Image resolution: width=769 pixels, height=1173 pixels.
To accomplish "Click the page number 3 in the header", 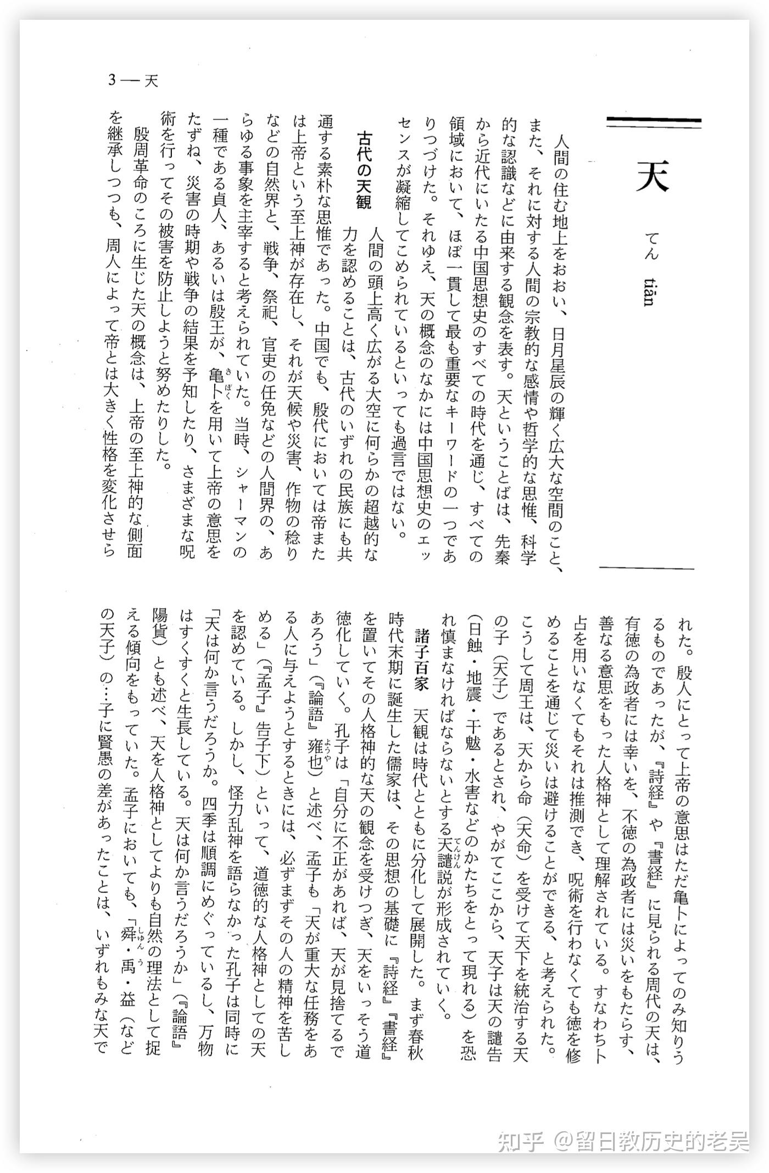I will click(x=112, y=81).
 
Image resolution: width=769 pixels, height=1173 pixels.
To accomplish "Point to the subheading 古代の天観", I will click(x=364, y=170).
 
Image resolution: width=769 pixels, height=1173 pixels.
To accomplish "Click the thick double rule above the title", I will click(x=654, y=123).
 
